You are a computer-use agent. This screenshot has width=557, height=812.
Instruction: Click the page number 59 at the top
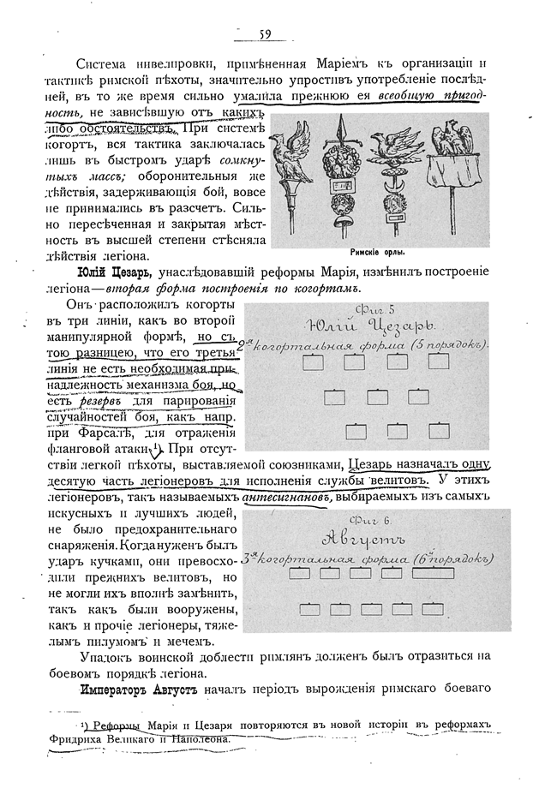click(x=265, y=34)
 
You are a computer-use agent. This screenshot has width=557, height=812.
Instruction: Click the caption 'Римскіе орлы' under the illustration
click(x=378, y=253)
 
